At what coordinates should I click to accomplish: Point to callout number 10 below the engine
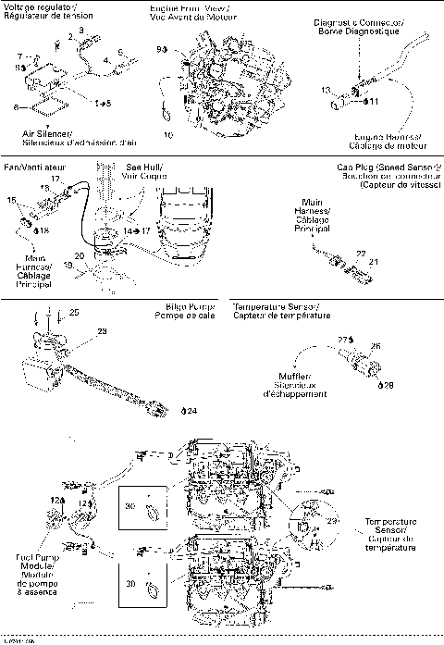168,135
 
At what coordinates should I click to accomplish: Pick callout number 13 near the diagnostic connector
326,90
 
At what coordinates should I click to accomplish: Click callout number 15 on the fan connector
12,199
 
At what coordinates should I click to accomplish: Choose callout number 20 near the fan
80,254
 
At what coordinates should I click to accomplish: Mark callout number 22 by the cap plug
360,253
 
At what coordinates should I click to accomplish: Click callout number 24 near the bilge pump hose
191,409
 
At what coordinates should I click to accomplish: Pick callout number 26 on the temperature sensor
376,346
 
